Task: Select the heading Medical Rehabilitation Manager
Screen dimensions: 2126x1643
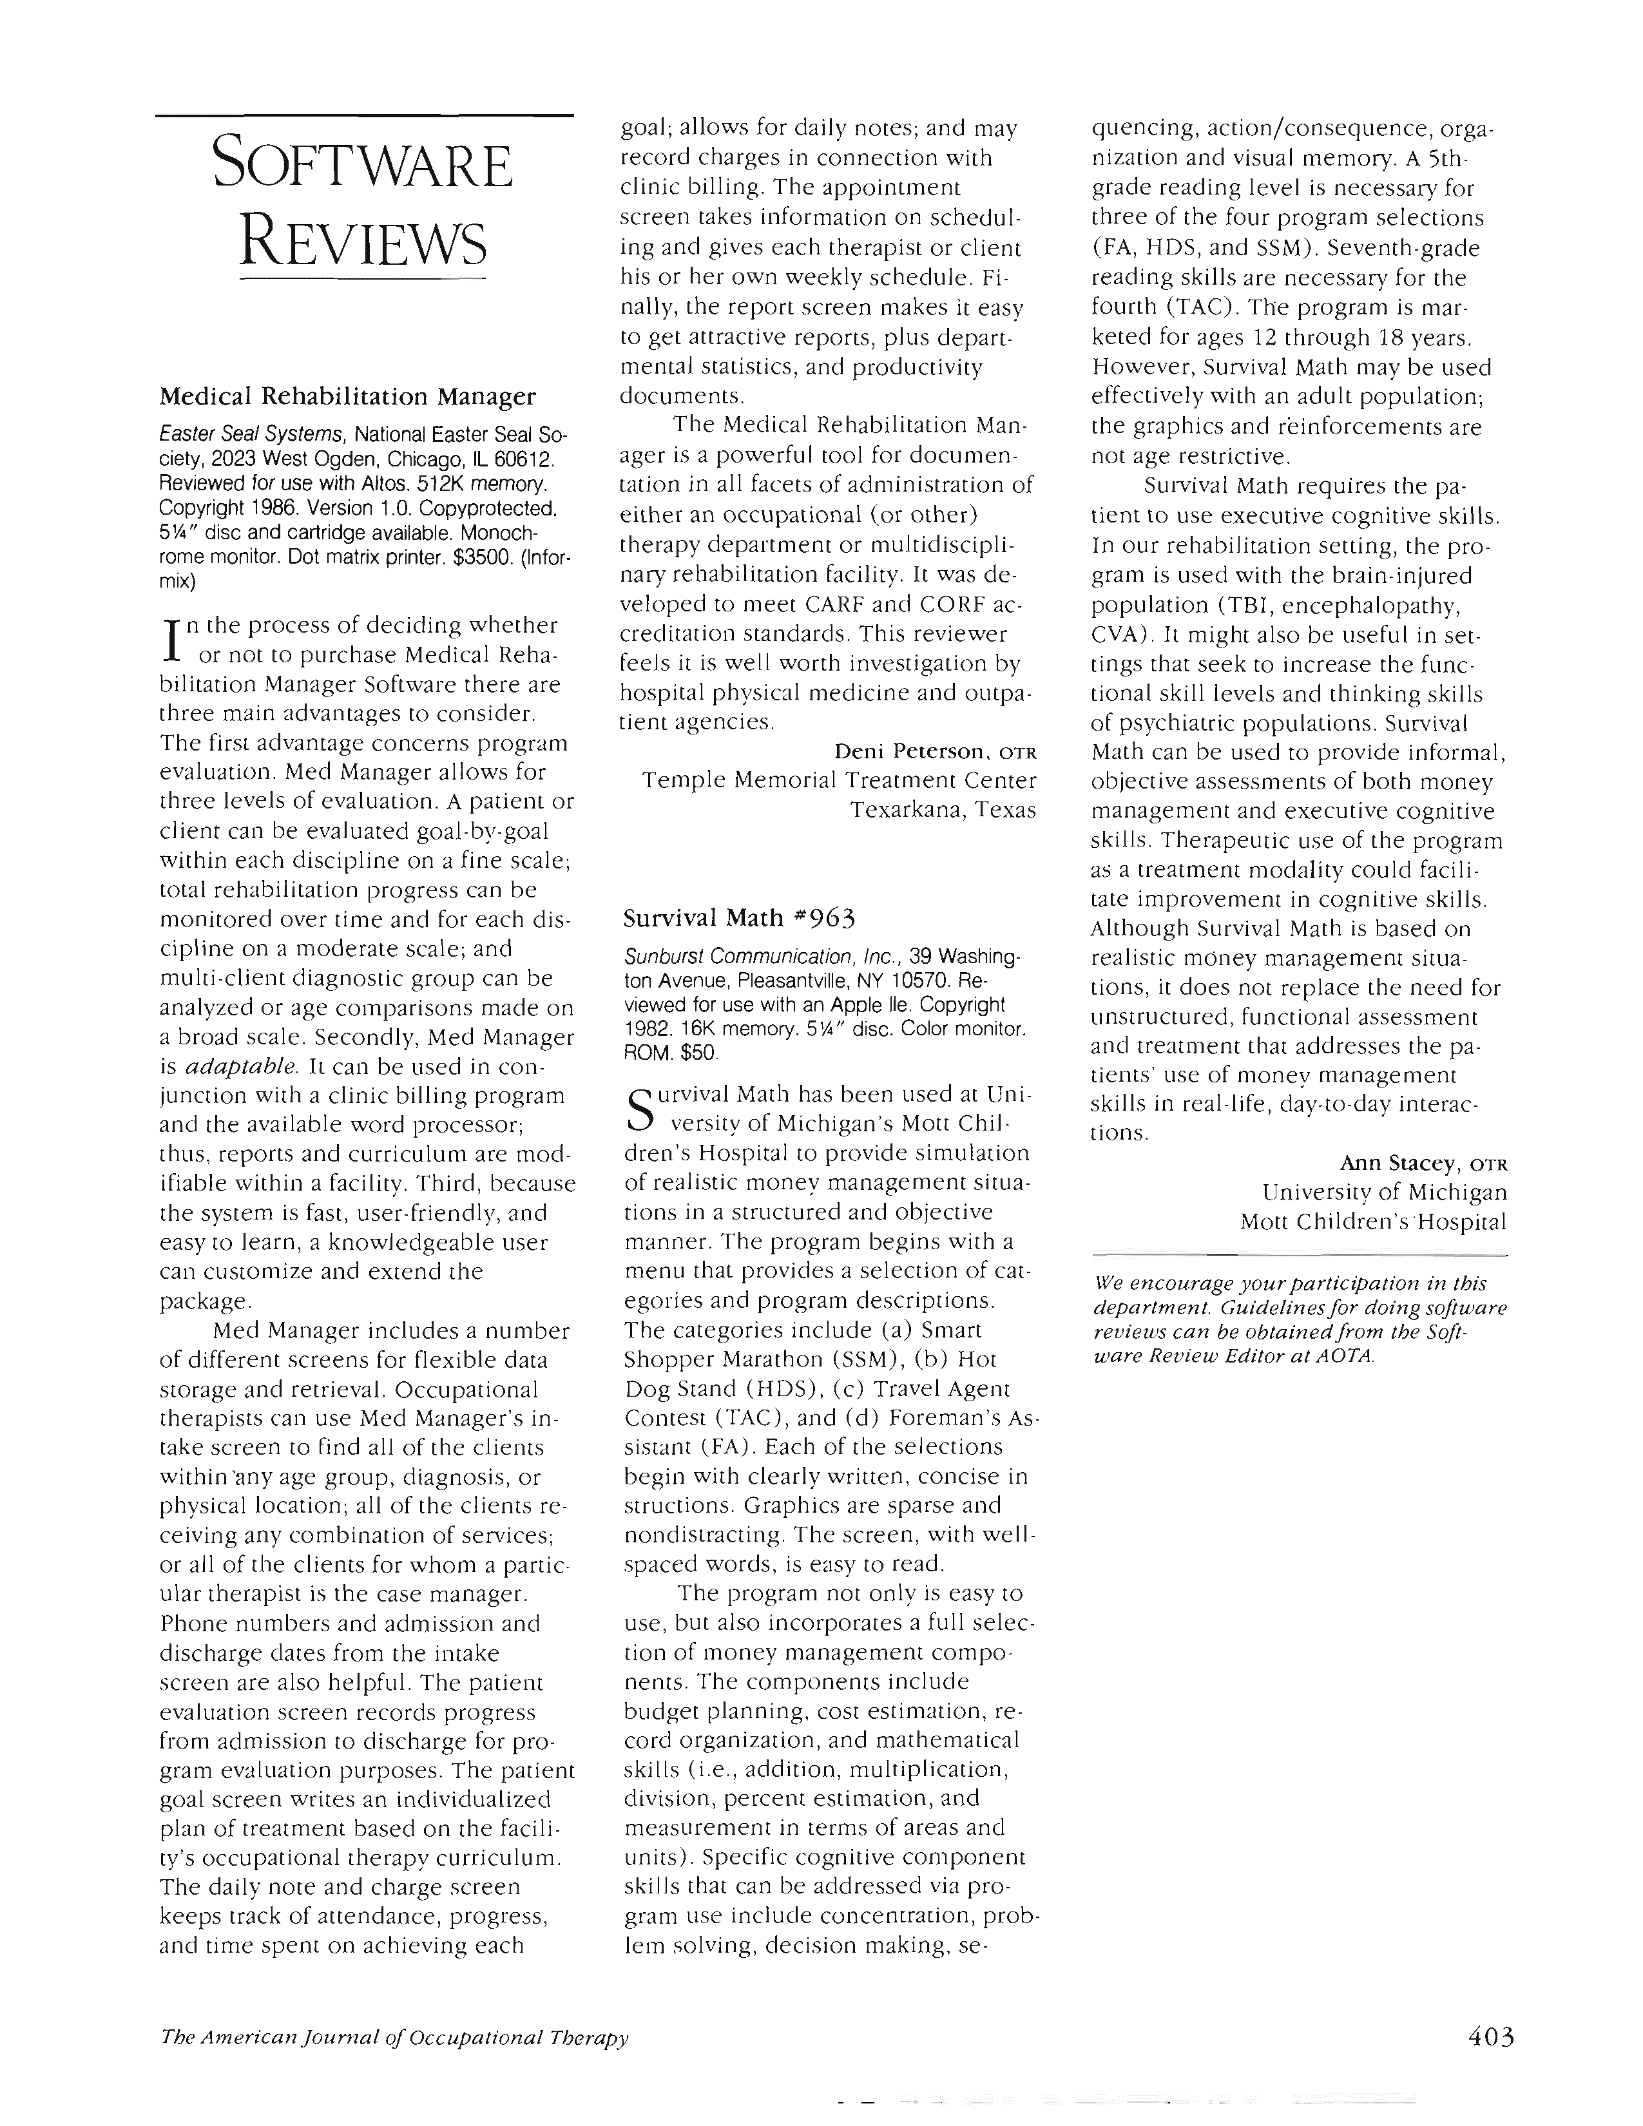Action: [x=347, y=396]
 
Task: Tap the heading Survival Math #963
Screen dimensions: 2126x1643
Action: [x=739, y=918]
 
